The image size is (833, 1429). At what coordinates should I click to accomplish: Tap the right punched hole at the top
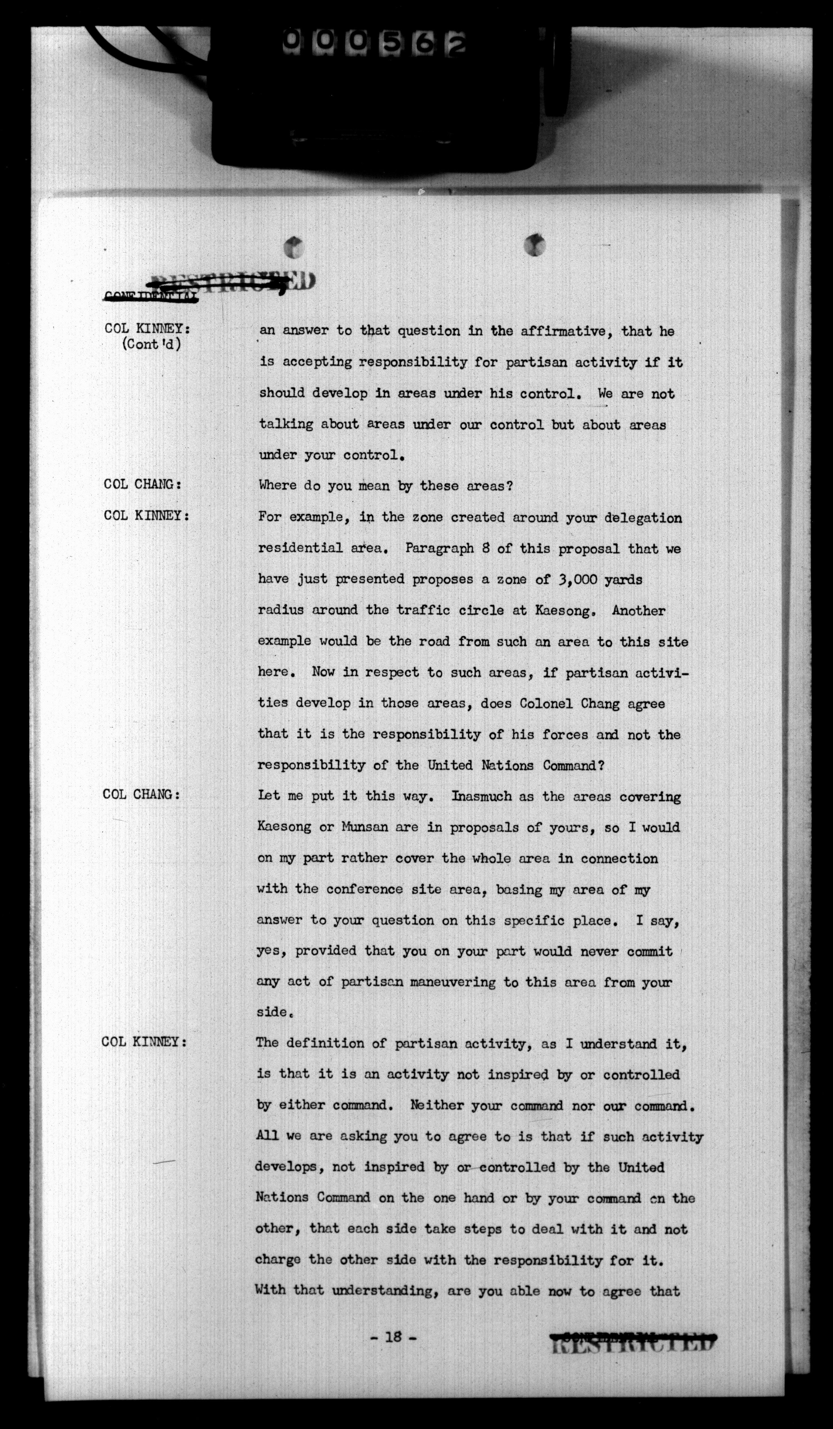[x=534, y=244]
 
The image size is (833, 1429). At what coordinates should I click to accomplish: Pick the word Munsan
[x=365, y=827]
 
